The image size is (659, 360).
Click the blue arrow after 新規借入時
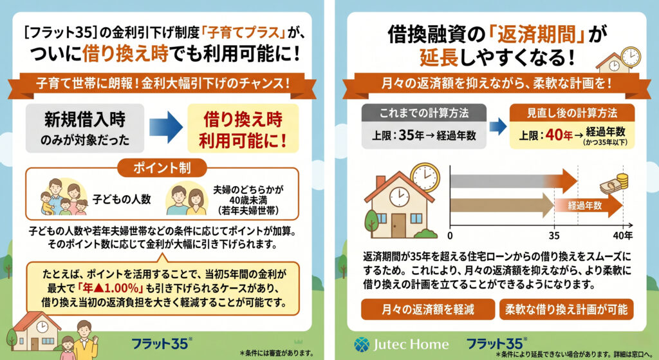[165, 128]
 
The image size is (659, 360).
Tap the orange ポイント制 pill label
[162, 168]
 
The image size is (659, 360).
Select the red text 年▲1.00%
[111, 288]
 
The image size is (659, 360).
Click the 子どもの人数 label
[122, 199]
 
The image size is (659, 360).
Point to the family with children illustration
[64, 196]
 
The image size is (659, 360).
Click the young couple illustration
[186, 200]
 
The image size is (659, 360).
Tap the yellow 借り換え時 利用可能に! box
[243, 128]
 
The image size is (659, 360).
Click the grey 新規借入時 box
[85, 128]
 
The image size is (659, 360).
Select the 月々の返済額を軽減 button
[428, 310]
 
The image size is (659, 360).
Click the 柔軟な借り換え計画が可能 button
[566, 310]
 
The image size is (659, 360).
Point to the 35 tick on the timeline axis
[554, 236]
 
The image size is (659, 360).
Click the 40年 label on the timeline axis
[623, 236]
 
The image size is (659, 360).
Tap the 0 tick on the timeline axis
[450, 236]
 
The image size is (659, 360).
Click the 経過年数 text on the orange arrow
[585, 205]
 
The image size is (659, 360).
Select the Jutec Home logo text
[411, 345]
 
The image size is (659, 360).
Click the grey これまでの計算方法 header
[423, 113]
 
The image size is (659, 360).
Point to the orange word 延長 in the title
[438, 57]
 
